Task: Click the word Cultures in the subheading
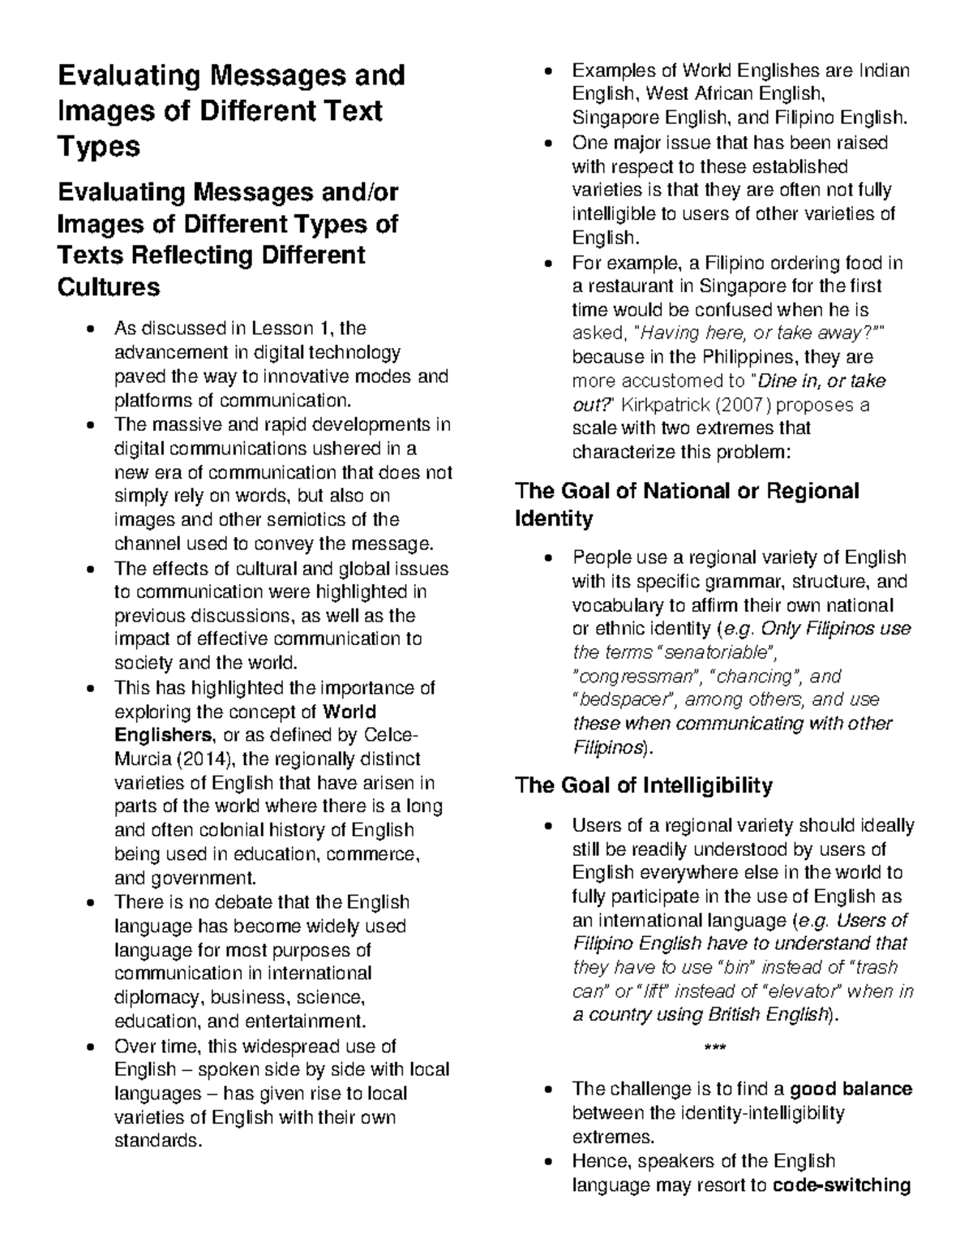[109, 287]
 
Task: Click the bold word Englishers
[163, 735]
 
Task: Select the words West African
[706, 94]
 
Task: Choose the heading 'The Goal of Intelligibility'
[644, 785]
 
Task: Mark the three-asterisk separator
[715, 1048]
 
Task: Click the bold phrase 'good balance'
[851, 1089]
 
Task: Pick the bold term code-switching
[842, 1185]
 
